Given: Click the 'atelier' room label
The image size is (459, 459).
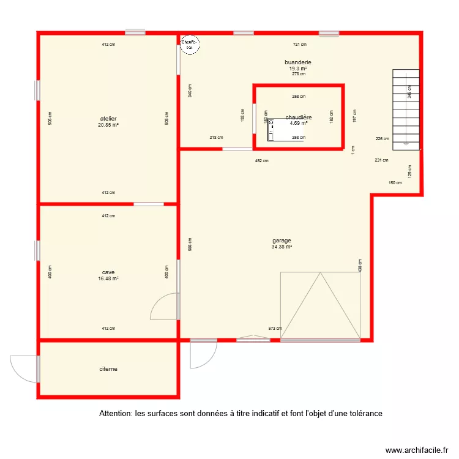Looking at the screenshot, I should tap(108, 119).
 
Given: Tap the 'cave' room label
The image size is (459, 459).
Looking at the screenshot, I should tap(108, 272).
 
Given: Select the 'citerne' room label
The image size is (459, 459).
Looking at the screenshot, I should tap(108, 369).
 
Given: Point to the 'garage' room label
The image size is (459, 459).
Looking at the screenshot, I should tap(282, 241).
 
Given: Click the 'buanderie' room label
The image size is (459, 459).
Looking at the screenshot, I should tap(298, 62).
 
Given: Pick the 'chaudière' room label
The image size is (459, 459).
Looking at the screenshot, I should tap(299, 117).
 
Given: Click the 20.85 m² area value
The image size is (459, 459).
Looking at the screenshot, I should tap(108, 125).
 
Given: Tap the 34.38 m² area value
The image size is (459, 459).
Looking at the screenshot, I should tap(282, 247).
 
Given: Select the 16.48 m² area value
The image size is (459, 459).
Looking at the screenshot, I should tap(108, 278).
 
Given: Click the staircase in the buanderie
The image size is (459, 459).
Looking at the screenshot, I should tap(406, 109).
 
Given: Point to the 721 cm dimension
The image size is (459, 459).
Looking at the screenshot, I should tap(299, 44).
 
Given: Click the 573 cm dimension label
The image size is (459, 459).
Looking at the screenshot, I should tap(275, 329).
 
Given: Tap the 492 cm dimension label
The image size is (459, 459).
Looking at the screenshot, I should tap(261, 161).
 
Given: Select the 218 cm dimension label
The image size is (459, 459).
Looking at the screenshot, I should tap(216, 138).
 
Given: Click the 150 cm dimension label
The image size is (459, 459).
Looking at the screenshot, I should tap(395, 182).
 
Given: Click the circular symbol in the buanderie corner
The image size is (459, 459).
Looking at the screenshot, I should tap(189, 44).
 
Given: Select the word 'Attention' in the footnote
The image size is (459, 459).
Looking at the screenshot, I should tap(115, 414).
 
